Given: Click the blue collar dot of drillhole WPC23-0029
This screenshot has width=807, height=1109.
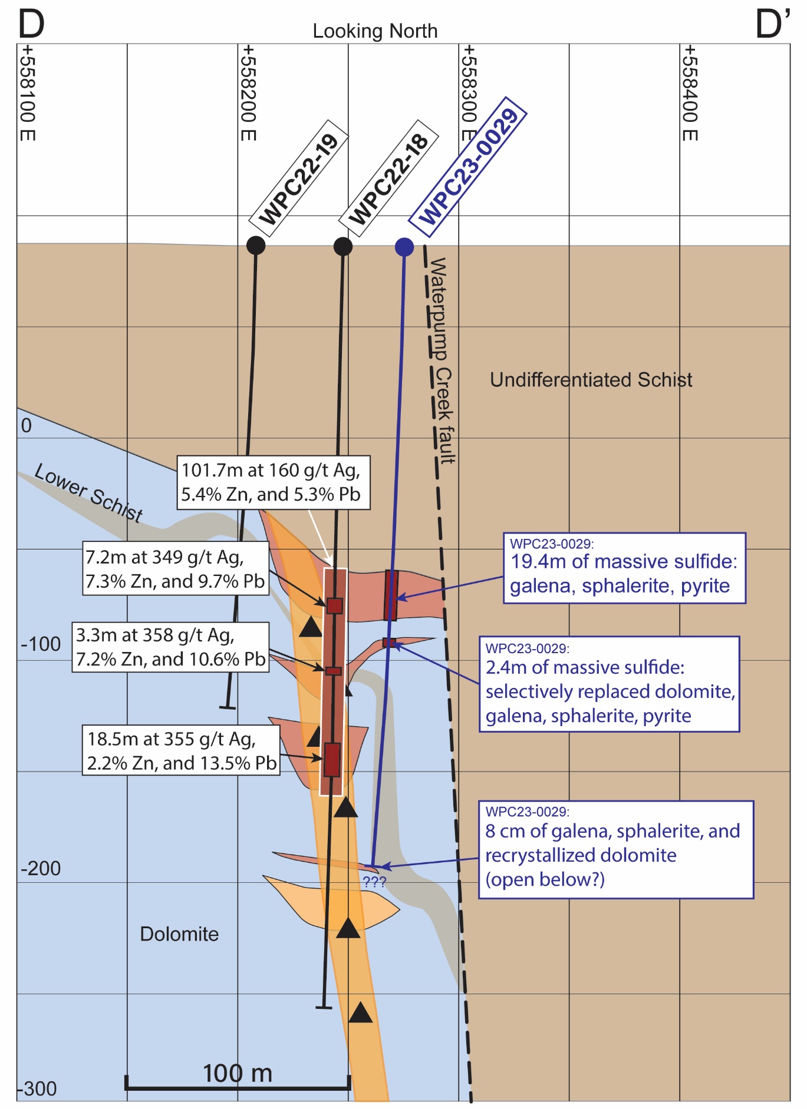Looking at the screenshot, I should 404,247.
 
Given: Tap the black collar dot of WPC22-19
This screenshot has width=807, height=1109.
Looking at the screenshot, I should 255,245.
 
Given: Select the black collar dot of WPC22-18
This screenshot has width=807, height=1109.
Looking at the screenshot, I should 343,246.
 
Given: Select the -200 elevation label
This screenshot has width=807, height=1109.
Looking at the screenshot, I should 41,868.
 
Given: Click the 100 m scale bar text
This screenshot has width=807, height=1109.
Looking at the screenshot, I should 238,1073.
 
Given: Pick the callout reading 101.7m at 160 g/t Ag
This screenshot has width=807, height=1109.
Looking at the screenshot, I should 273,482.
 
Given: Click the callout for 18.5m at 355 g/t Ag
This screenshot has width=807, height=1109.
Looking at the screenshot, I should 181,750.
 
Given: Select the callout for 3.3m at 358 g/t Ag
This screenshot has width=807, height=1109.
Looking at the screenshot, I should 170,647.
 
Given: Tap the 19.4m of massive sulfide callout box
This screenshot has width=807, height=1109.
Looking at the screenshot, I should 624,568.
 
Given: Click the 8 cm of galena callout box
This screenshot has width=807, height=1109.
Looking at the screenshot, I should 615,849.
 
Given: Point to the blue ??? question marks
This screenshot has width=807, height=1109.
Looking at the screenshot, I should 374,882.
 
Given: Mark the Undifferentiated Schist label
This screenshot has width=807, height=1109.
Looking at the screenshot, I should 591,380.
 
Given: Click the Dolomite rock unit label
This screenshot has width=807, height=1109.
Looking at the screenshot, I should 179,934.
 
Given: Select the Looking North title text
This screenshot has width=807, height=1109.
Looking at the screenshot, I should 375,31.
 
